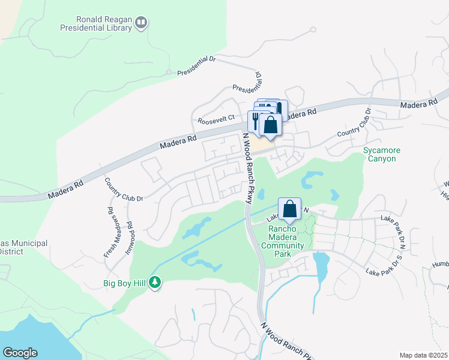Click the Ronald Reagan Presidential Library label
tap(95, 22)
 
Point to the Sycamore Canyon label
tap(379, 154)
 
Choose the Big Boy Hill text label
tap(125, 282)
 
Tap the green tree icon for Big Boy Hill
tap(155, 281)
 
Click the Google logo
tap(20, 353)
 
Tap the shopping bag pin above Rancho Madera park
tap(289, 209)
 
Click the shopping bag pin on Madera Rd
tap(271, 125)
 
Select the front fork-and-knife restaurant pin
tap(256, 121)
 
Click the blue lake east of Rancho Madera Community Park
tap(321, 266)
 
